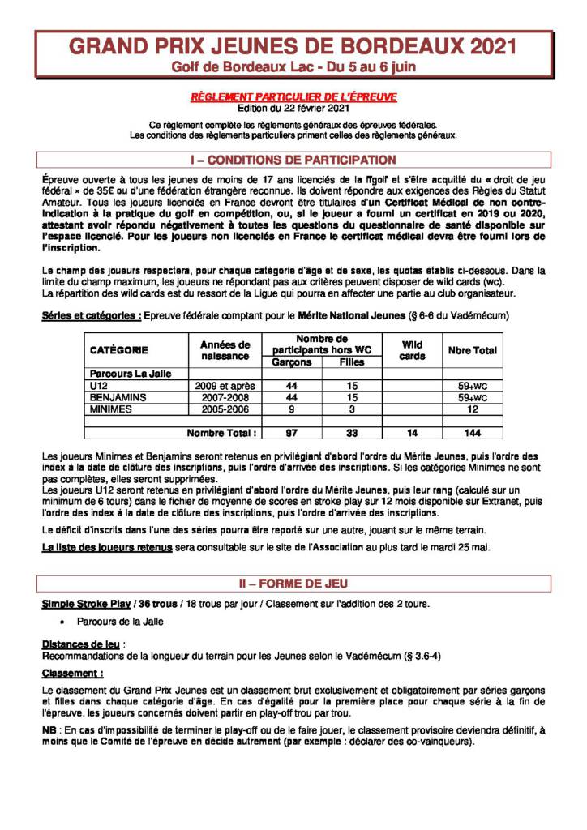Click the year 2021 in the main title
point(486,47)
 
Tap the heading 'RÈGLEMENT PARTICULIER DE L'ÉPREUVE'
point(293,96)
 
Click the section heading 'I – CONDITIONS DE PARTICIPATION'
point(293,160)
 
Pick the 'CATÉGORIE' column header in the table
point(118,350)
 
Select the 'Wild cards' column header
point(412,350)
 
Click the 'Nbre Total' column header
point(473,350)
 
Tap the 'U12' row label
point(98,386)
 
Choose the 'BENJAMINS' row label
point(118,398)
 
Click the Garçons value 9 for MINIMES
point(292,409)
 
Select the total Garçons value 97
point(292,433)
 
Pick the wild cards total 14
point(412,433)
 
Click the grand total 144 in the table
point(473,433)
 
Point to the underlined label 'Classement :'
point(73,673)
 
